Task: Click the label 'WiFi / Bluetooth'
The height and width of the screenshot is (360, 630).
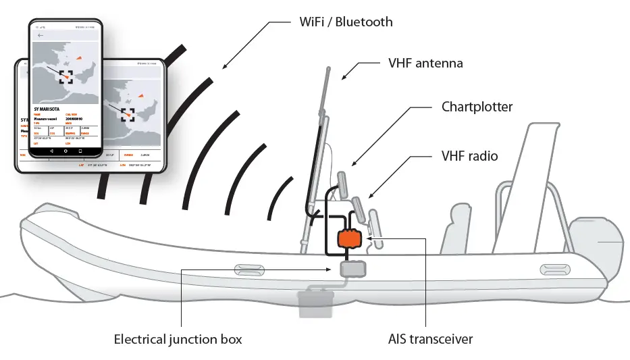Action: click(x=346, y=22)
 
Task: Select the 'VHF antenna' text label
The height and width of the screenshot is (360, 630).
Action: click(x=425, y=63)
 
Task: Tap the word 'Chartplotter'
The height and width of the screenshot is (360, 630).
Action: click(x=477, y=107)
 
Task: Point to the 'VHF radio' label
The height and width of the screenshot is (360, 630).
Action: click(x=465, y=156)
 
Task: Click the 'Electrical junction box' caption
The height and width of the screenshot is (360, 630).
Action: click(x=178, y=339)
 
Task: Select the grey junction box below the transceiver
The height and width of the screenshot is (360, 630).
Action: click(x=354, y=269)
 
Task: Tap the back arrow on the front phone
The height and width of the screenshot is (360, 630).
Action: click(x=41, y=35)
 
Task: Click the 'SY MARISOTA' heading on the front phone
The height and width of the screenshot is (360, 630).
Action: click(x=47, y=108)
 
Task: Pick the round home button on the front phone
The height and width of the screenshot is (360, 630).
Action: click(x=65, y=151)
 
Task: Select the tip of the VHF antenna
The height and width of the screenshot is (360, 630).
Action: click(x=327, y=69)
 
